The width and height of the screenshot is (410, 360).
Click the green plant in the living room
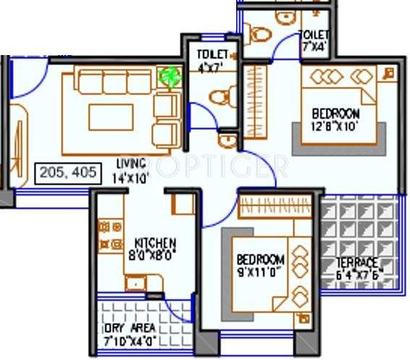click(x=169, y=76)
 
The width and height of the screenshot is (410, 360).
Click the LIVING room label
click(x=131, y=162)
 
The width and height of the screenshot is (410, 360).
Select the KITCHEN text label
click(x=155, y=243)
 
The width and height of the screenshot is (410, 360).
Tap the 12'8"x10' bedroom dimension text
click(x=335, y=127)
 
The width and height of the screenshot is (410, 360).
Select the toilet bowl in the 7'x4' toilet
click(x=256, y=33)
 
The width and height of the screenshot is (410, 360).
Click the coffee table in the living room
click(x=111, y=117)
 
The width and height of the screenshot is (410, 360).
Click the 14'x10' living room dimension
click(x=131, y=175)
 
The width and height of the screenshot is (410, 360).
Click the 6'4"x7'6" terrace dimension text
click(x=358, y=275)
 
